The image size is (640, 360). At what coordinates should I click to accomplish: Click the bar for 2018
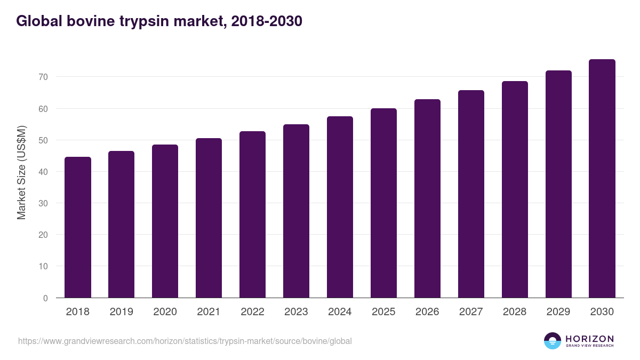[x=78, y=227]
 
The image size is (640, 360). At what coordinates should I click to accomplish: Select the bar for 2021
[x=209, y=218]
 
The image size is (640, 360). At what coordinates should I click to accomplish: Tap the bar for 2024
[x=340, y=207]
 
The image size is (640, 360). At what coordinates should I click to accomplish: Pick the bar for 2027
[x=471, y=194]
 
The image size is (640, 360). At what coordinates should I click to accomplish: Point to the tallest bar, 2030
[x=602, y=179]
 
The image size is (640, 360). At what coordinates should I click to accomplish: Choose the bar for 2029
[x=558, y=184]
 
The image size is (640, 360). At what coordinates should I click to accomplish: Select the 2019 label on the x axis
[x=122, y=312]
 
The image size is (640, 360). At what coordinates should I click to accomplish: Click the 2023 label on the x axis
[x=296, y=312]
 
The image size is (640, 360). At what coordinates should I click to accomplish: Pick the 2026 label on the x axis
[x=427, y=312]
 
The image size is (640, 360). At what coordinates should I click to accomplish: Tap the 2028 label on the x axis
[x=515, y=312]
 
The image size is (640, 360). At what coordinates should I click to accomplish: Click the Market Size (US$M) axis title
[x=21, y=172]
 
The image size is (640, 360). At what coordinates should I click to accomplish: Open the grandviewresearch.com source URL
[x=185, y=341]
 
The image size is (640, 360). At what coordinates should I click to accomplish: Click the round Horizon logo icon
[x=552, y=341]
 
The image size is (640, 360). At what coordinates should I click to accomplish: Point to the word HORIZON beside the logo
[x=589, y=338]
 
